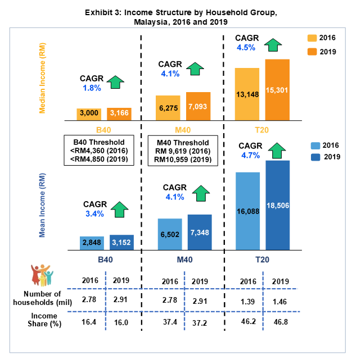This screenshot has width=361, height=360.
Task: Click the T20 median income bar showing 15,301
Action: pyautogui.click(x=277, y=90)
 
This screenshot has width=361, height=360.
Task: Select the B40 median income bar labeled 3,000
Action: pyautogui.click(x=89, y=115)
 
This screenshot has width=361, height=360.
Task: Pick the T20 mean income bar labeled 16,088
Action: pyautogui.click(x=247, y=211)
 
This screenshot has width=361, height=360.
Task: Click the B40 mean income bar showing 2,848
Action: pyautogui.click(x=92, y=243)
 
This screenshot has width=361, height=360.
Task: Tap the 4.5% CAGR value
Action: pyautogui.click(x=246, y=47)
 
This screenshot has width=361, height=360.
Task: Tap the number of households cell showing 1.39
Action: pyautogui.click(x=246, y=302)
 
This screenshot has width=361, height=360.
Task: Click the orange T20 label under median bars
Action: pyautogui.click(x=262, y=130)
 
